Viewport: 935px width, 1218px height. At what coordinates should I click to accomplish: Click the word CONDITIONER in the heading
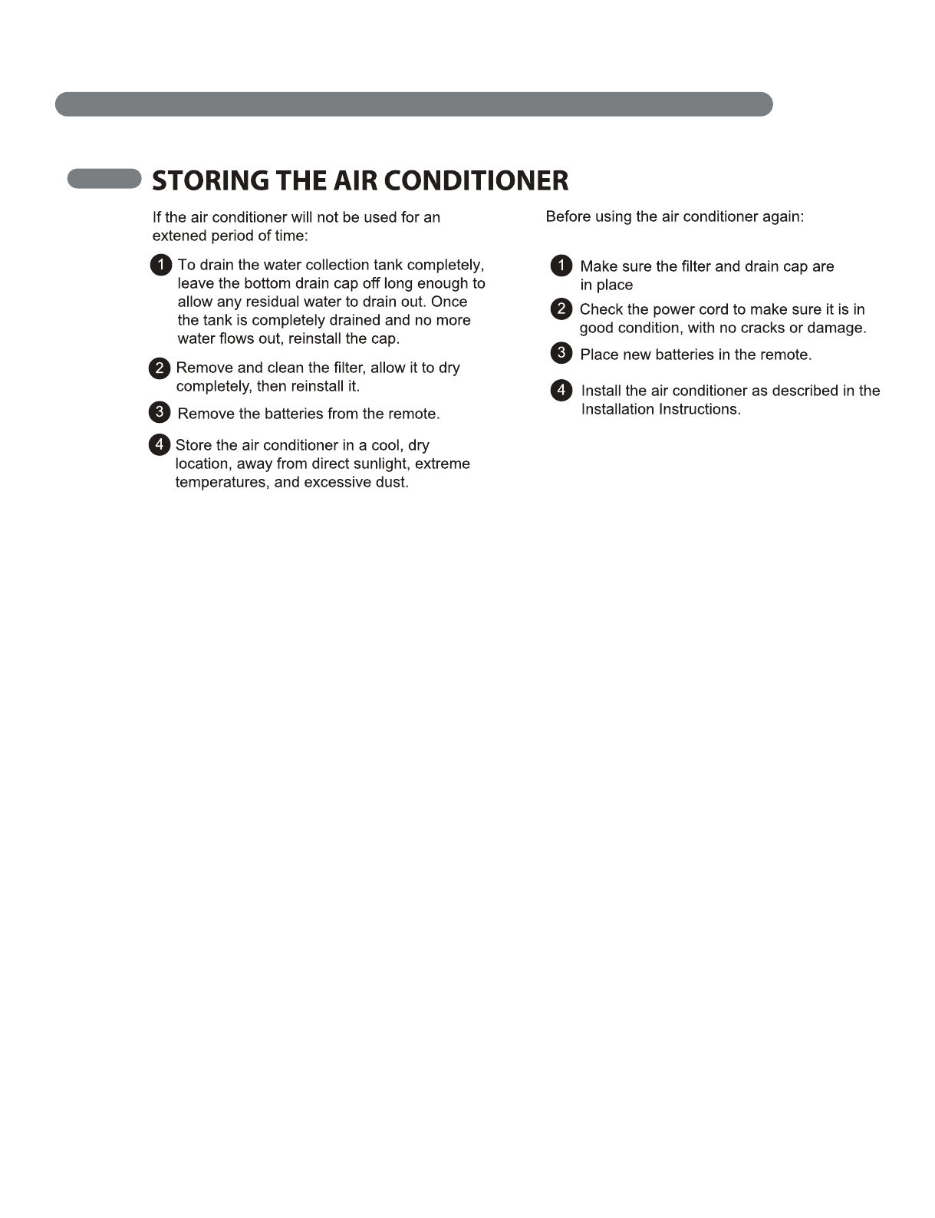coord(476,181)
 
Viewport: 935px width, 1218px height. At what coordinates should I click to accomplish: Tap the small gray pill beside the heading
coord(104,179)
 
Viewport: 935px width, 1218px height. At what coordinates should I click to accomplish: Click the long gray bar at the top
coord(413,104)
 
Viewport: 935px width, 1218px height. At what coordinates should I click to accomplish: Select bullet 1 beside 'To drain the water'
coord(160,266)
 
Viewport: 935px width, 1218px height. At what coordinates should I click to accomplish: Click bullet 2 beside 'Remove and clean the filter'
coord(160,368)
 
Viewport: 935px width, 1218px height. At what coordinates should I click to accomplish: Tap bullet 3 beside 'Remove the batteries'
coord(160,412)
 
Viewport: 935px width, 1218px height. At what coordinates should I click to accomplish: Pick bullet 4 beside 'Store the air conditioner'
coord(160,444)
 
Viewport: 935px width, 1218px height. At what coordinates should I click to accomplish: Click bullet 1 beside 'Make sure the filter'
coord(561,266)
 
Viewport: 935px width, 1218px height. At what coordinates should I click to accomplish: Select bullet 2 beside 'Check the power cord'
coord(561,309)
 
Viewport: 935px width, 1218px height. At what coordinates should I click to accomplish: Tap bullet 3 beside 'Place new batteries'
coord(561,353)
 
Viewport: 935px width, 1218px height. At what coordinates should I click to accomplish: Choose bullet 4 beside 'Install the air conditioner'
coord(561,391)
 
